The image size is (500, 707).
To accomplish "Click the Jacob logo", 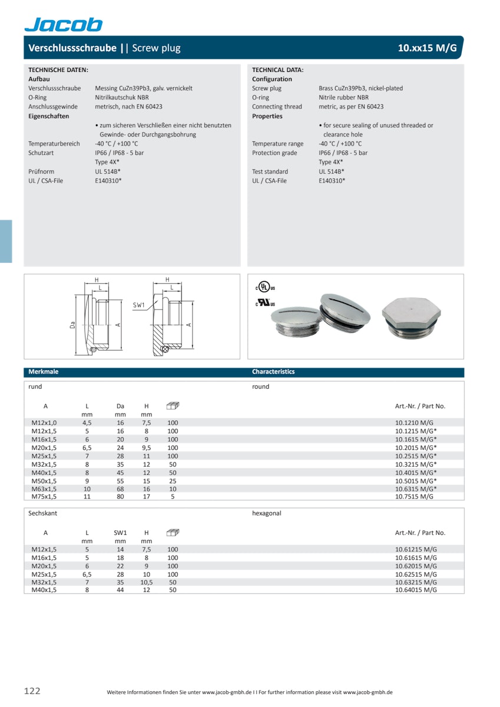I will point(64,24).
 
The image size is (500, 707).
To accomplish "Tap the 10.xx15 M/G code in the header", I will point(427,48).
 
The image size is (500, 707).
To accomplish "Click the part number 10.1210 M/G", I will point(413,423).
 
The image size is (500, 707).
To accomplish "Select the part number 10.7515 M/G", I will point(413,497).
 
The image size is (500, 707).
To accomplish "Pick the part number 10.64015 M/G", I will point(416,590).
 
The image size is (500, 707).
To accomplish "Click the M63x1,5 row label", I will point(44,489).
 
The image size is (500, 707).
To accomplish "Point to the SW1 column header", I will point(120,533).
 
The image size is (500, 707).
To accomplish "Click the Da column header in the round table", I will point(120,406).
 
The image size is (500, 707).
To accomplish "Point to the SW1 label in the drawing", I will point(138,305).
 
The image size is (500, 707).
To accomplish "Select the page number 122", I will point(32,691).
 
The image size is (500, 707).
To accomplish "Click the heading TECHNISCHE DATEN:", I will point(58,70).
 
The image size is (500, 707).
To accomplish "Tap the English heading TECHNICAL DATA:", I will point(278,70).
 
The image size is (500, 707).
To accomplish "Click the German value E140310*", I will point(108,181).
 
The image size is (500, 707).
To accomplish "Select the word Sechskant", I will point(43,513).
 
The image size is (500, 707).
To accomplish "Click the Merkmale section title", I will point(44,372).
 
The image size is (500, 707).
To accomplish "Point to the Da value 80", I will point(120,497).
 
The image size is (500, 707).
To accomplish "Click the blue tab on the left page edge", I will point(6,241).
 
